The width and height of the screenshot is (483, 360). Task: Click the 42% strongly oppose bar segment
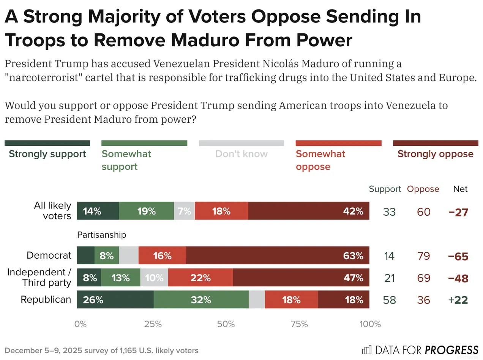[308, 211]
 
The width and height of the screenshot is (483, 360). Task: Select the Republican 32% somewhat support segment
[201, 300]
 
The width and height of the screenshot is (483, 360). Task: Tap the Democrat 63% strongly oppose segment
[278, 256]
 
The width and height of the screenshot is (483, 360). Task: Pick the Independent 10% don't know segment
[154, 278]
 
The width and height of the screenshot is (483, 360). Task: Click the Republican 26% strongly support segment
[115, 300]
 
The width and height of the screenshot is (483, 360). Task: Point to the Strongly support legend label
[47, 154]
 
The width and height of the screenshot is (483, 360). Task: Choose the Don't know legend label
[241, 154]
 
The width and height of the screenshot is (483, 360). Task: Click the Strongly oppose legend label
[435, 154]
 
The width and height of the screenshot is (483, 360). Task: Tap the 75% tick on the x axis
[299, 324]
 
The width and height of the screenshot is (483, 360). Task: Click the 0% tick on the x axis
[80, 324]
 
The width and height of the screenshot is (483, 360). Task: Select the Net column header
[460, 189]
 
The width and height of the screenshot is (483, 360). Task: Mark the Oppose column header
[423, 189]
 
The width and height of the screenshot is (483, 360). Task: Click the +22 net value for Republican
[458, 300]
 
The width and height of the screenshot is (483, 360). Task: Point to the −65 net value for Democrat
[458, 256]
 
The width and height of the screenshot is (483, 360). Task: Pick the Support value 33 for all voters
[389, 212]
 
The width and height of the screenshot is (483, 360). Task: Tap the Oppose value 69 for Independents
[423, 278]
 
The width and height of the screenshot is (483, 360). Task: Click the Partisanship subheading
[101, 235]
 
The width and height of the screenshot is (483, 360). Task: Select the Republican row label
[46, 299]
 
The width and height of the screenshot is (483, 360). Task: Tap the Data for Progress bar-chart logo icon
[367, 349]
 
